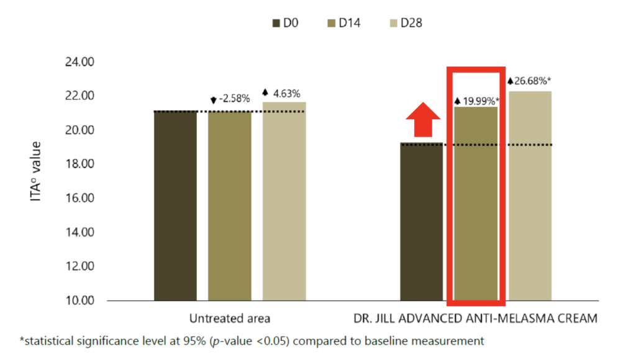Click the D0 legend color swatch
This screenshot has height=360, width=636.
click(x=276, y=24)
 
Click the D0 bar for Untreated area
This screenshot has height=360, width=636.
click(x=175, y=205)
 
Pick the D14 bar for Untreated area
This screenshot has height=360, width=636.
click(x=230, y=205)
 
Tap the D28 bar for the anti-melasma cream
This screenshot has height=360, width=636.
click(x=530, y=196)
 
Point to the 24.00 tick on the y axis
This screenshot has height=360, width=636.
click(x=79, y=62)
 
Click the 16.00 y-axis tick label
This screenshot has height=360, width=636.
click(x=79, y=199)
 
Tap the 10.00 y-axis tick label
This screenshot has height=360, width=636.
click(x=79, y=301)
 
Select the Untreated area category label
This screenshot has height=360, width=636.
click(x=229, y=319)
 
